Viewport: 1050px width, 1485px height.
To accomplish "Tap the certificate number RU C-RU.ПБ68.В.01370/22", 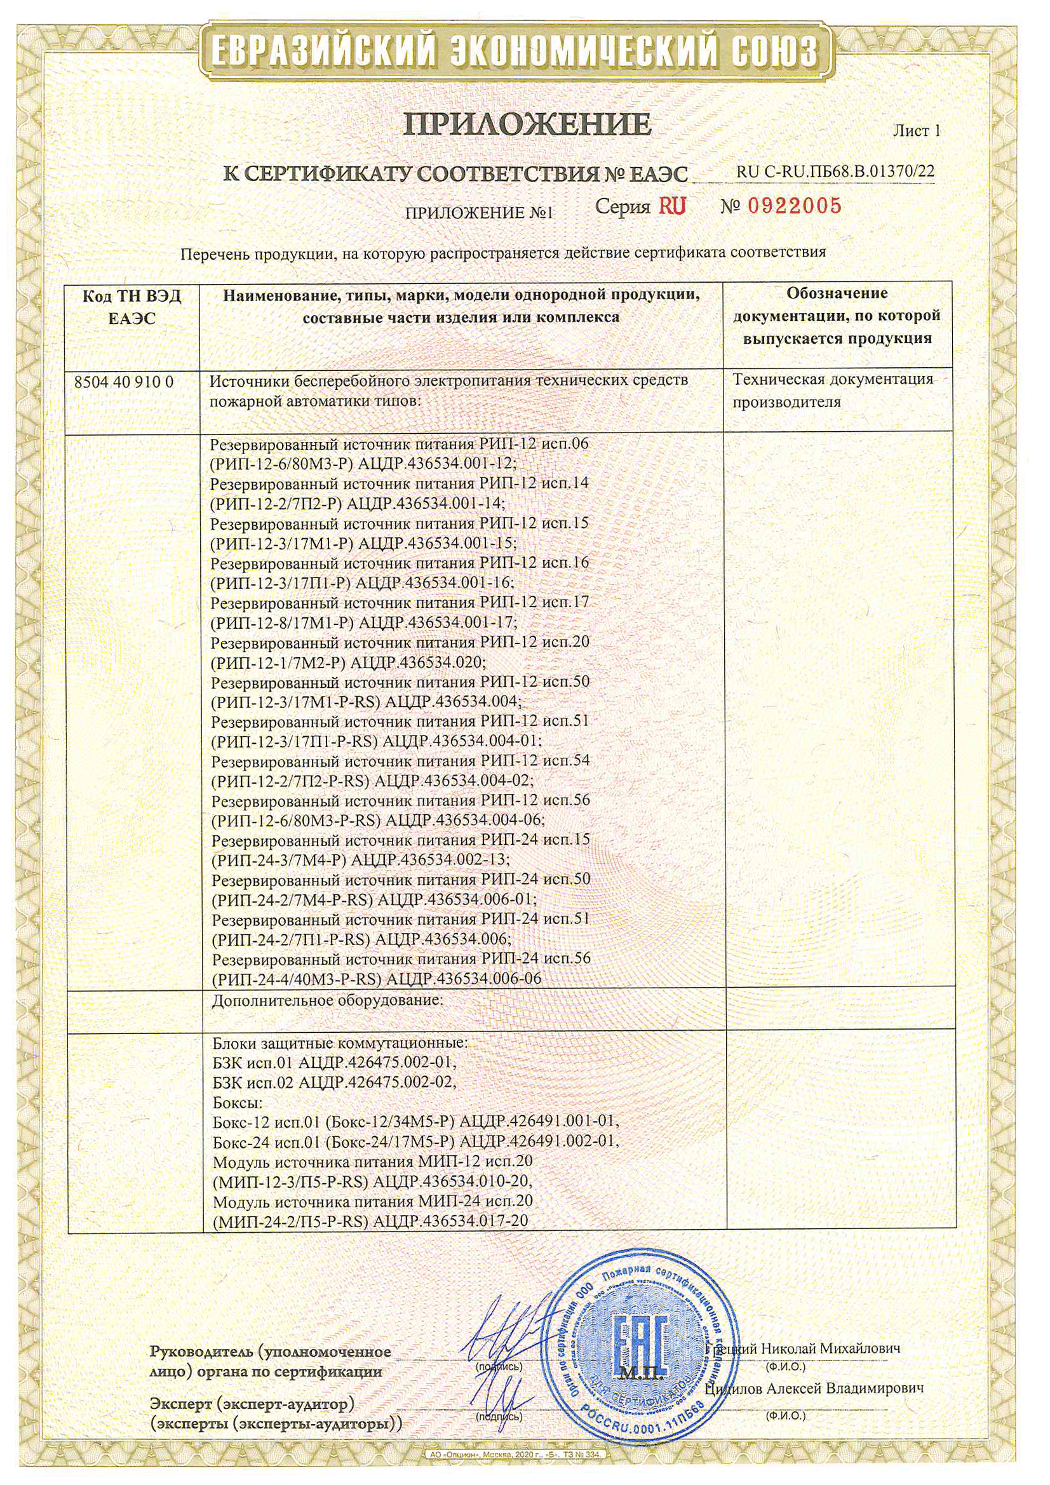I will [835, 171].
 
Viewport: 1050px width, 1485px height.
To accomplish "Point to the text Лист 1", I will [916, 131].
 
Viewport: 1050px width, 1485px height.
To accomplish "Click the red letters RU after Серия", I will [672, 206].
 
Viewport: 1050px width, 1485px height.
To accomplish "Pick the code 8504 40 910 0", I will [125, 382].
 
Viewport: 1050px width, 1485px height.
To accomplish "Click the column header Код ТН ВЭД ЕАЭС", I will [132, 307].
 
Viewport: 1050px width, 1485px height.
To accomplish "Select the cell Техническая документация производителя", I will [833, 390].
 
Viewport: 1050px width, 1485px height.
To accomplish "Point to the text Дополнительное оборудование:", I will [327, 1000].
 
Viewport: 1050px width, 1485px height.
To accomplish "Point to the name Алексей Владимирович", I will [845, 1388].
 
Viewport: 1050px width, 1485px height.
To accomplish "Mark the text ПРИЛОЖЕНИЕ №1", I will [480, 213].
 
